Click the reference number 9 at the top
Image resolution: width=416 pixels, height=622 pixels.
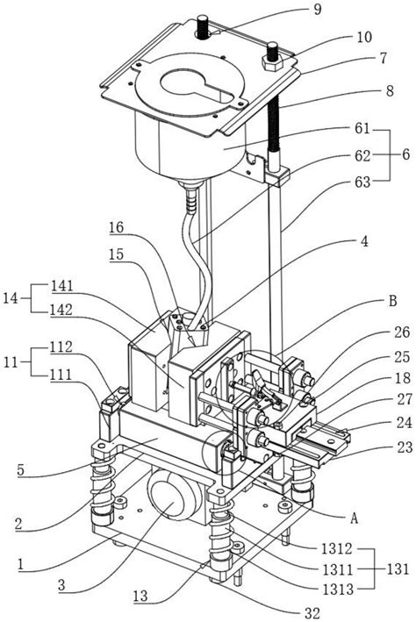317,9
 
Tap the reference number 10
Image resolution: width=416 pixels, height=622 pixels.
364,37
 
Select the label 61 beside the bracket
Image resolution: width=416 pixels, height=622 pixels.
362,129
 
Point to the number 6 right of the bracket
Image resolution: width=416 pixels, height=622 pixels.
405,154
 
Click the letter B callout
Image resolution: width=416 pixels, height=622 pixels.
392,301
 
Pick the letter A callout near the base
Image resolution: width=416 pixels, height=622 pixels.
354,518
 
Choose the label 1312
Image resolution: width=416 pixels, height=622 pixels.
337,548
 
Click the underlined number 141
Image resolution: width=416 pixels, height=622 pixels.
62,286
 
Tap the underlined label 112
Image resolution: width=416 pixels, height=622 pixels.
61,347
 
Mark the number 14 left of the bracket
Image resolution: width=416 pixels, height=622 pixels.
11,297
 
